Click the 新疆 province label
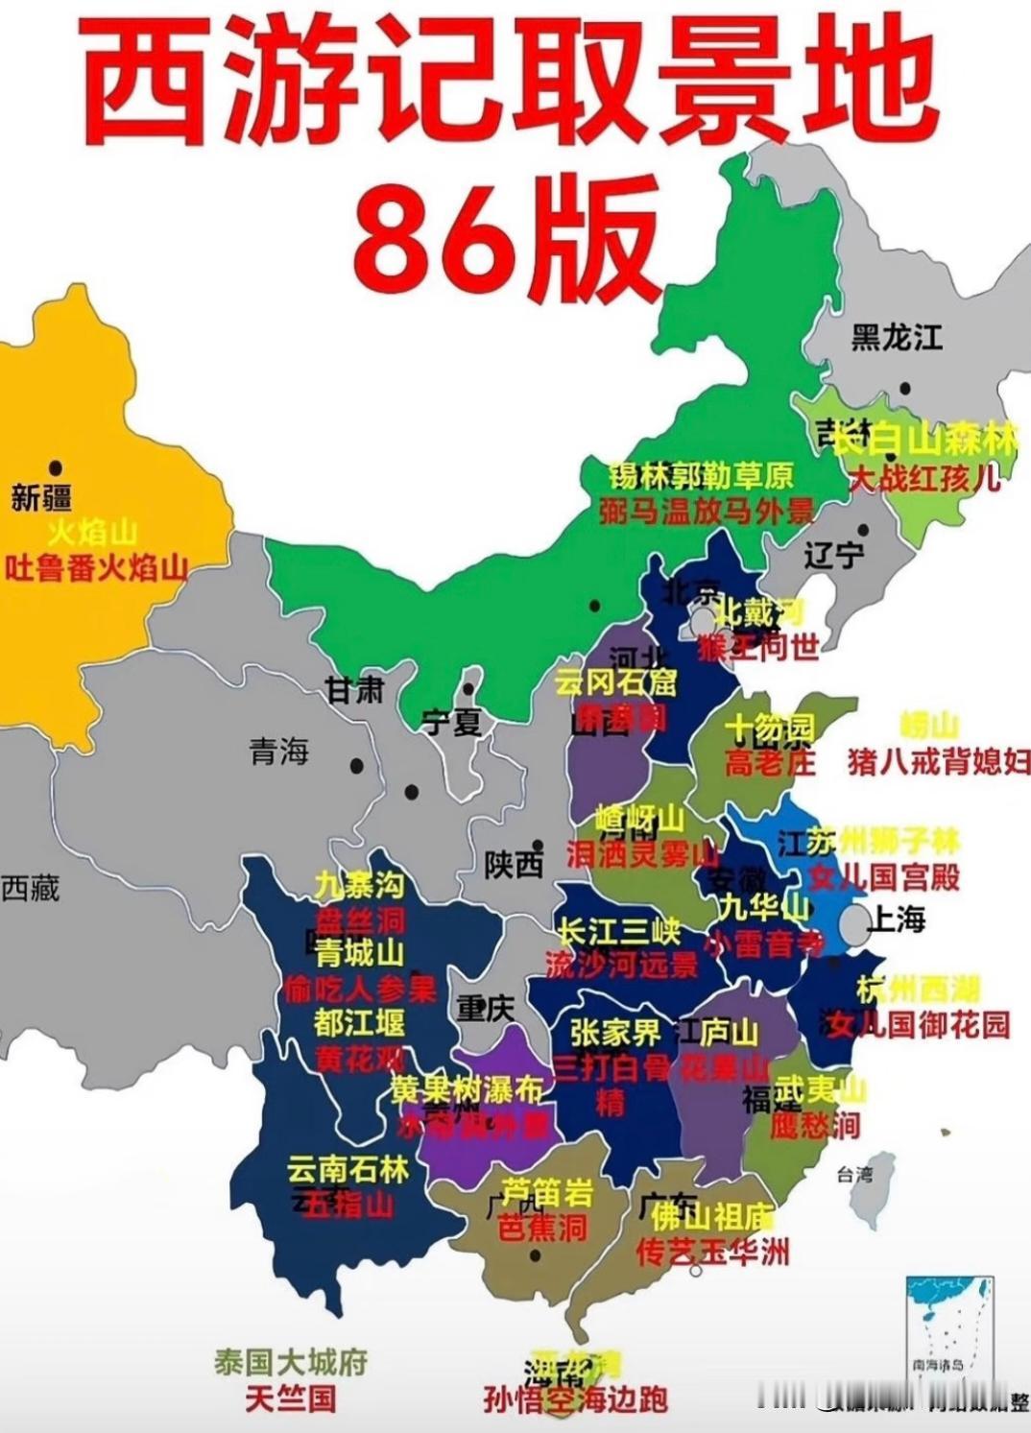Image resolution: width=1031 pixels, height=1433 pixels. pyautogui.click(x=41, y=499)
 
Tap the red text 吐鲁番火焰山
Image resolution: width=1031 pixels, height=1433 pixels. pyautogui.click(x=96, y=569)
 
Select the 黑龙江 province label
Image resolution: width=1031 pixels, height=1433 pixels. pyautogui.click(x=897, y=338)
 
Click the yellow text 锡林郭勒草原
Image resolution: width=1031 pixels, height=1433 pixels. pyautogui.click(x=702, y=476)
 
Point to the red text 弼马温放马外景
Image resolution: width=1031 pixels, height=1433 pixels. pyautogui.click(x=707, y=511)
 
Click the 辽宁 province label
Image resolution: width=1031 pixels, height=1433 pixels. pyautogui.click(x=832, y=555)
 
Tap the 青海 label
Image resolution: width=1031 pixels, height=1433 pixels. pyautogui.click(x=279, y=752)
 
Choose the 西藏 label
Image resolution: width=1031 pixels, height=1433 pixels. pyautogui.click(x=31, y=888)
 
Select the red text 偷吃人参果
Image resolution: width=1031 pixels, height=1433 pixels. pyautogui.click(x=360, y=989)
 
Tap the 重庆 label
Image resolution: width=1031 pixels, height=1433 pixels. pyautogui.click(x=485, y=1009)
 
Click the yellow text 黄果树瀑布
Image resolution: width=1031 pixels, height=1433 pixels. pyautogui.click(x=467, y=1089)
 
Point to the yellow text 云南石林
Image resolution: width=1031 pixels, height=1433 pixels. pyautogui.click(x=348, y=1169)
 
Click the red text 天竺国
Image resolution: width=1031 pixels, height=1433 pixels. pyautogui.click(x=291, y=1398)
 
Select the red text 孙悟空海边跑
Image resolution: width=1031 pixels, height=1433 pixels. pyautogui.click(x=575, y=1400)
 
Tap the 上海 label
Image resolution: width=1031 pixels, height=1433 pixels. pyautogui.click(x=897, y=920)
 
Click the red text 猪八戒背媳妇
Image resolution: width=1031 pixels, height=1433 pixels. pyautogui.click(x=938, y=762)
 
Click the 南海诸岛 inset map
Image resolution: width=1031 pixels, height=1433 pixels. pyautogui.click(x=949, y=1326)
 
